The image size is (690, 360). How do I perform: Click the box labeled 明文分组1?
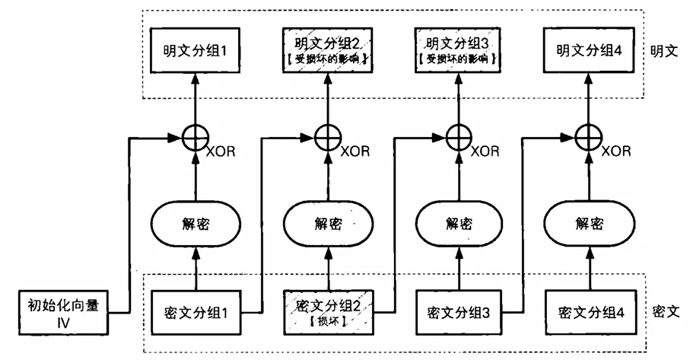tap(196, 51)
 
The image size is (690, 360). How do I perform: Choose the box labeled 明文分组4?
tap(589, 51)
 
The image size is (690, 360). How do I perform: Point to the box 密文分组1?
tap(196, 312)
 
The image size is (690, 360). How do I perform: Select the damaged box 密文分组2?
tap(329, 312)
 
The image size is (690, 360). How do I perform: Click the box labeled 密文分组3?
tap(458, 312)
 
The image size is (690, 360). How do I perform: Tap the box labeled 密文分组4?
tap(590, 312)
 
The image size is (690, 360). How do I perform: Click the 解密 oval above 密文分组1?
tap(196, 224)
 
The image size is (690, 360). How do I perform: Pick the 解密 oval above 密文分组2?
tap(329, 224)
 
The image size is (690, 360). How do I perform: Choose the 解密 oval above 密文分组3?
tap(458, 224)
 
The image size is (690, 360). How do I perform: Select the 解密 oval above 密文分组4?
tap(590, 224)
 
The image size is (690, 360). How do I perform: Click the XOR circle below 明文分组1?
tap(196, 139)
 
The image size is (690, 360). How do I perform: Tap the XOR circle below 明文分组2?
tap(329, 139)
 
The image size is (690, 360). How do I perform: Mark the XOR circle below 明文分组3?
tap(458, 139)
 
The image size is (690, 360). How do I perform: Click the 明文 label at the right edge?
tap(663, 51)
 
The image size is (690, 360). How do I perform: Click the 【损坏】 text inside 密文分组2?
tap(329, 322)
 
